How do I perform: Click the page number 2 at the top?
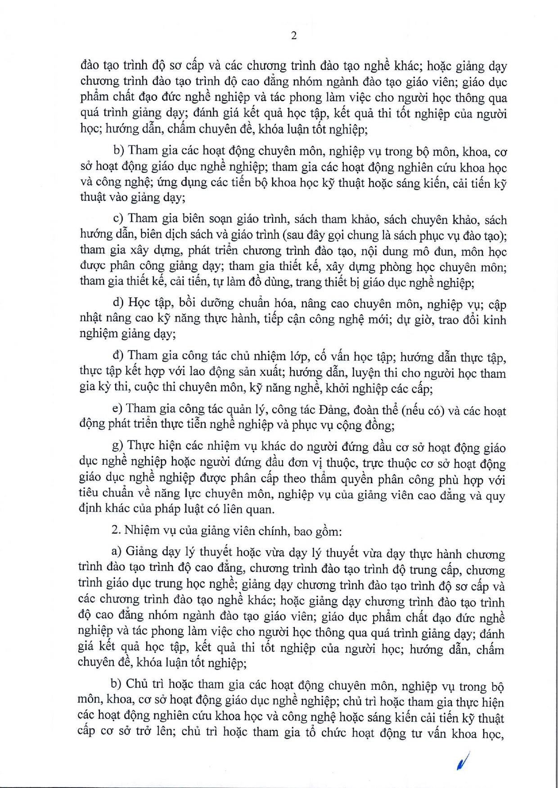[x=294, y=36]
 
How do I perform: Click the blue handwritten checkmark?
[x=462, y=761]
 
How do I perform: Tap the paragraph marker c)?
[x=118, y=219]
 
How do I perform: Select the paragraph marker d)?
[x=118, y=302]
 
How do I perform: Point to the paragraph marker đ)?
[x=118, y=356]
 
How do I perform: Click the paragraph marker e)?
[x=117, y=409]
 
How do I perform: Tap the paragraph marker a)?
[x=117, y=552]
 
